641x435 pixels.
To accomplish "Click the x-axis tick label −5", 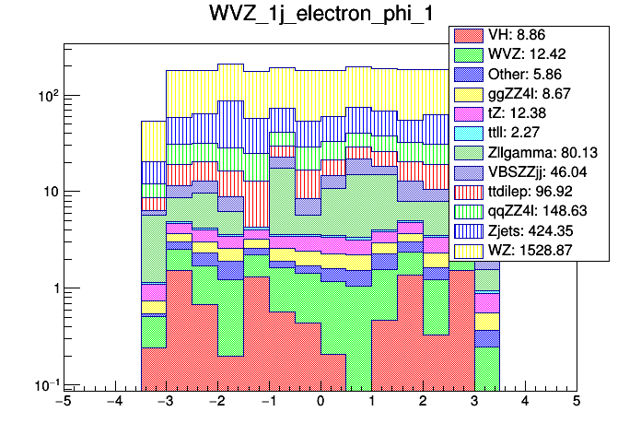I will coord(63,402).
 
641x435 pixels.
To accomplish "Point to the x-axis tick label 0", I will coord(320,402).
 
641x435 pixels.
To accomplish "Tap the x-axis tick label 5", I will coord(576,402).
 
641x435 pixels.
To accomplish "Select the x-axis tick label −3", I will coord(165,402).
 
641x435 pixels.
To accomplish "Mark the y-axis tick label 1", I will coord(51,288).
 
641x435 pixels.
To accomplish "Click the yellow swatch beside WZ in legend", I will coord(470,250).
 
